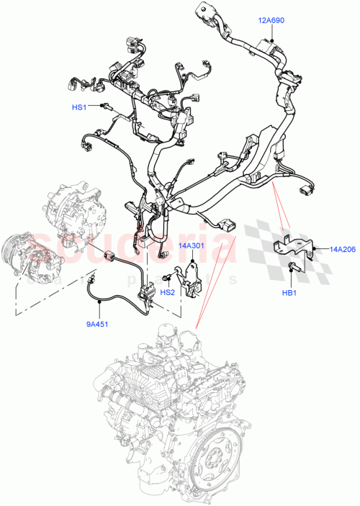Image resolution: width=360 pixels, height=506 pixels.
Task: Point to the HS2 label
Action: point(168,292)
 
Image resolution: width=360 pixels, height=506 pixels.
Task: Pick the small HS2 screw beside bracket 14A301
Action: point(167,277)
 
